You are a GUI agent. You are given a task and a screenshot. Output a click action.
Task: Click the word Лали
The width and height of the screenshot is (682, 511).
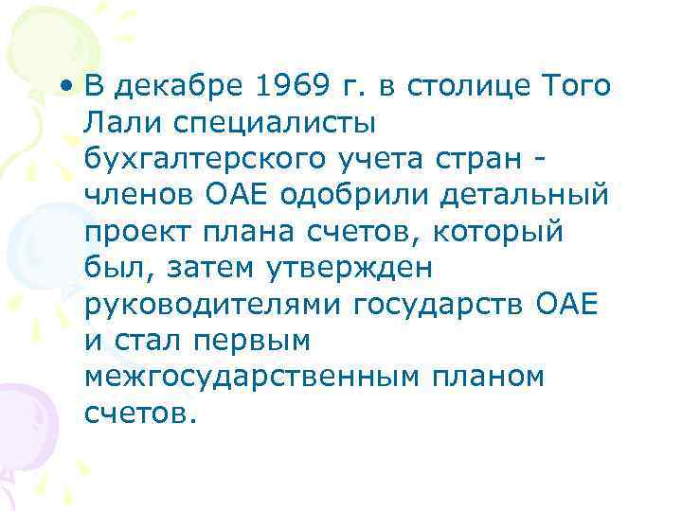117,121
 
